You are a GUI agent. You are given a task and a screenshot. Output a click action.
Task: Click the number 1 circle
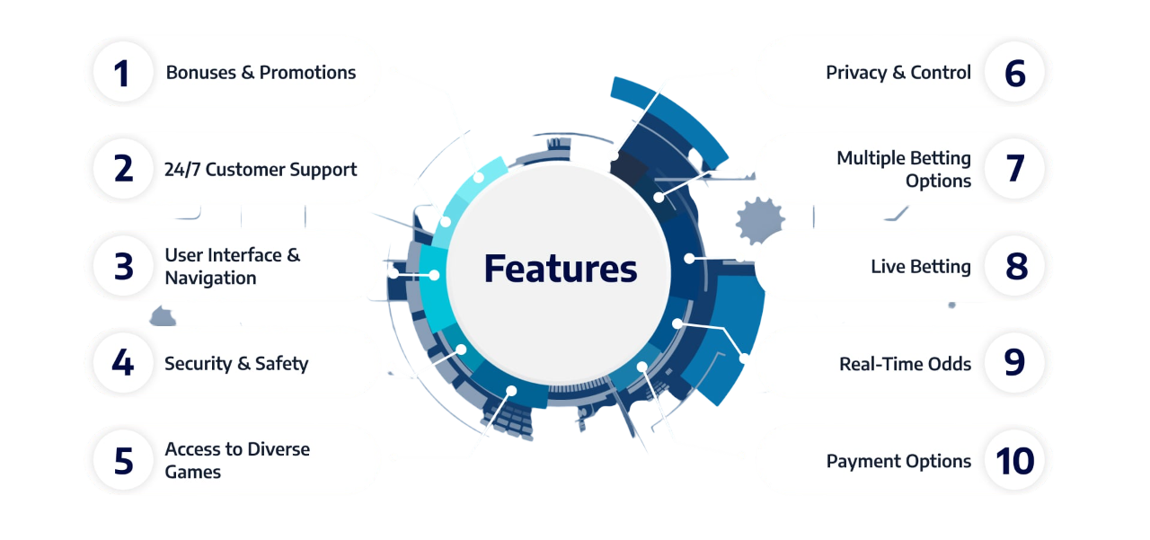pos(123,73)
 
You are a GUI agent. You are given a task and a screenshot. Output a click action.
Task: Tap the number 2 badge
pos(123,169)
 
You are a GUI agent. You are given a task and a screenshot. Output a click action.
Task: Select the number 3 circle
pos(123,266)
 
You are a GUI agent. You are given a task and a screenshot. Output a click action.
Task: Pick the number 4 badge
pos(123,363)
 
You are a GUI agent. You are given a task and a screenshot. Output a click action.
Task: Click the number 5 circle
pos(123,460)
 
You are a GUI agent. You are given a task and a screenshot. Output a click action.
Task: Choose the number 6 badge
pos(1014,73)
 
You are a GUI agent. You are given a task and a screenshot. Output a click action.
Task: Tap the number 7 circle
pos(1014,169)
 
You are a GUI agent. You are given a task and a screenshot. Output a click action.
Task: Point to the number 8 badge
pos(1014,266)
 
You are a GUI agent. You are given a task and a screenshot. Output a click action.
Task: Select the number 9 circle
pos(1014,363)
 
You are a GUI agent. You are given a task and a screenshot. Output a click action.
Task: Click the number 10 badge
pos(1014,460)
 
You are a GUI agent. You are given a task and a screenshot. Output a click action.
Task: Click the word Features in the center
pos(560,269)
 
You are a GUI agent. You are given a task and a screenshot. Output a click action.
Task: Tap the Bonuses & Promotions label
pos(261,73)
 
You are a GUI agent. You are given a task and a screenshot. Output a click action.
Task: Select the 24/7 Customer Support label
pos(261,170)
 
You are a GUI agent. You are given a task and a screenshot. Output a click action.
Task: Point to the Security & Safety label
pos(236,363)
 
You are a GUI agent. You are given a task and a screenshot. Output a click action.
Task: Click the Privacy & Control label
pos(898,73)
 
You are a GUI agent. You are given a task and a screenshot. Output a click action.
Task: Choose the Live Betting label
pos(921,267)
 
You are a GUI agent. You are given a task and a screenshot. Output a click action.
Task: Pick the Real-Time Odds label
pos(905,363)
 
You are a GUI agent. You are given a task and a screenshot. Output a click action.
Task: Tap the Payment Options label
pos(898,461)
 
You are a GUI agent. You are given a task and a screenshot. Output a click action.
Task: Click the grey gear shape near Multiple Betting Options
pos(760,220)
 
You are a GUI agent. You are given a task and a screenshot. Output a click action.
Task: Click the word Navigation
pos(210,278)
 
